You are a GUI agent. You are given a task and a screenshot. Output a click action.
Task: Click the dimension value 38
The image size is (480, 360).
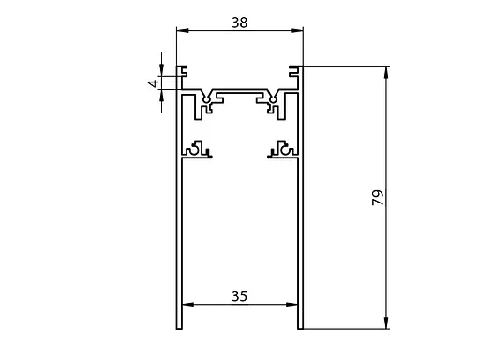click(x=240, y=22)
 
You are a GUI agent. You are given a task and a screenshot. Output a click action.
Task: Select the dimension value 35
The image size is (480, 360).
click(x=240, y=296)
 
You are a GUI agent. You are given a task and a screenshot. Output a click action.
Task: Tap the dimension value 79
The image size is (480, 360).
click(x=378, y=198)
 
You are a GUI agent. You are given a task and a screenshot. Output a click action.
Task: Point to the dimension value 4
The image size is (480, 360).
click(x=154, y=83)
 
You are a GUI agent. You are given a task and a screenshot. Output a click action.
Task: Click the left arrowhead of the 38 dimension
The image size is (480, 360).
click(x=183, y=30)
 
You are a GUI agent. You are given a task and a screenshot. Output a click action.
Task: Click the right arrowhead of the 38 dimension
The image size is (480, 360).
click(x=297, y=30)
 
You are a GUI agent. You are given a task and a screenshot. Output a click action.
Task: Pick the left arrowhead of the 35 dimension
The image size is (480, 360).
click(x=188, y=304)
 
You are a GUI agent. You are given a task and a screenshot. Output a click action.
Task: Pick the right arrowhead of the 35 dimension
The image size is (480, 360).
click(x=292, y=304)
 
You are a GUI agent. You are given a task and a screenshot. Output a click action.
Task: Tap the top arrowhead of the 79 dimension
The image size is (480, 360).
click(x=386, y=72)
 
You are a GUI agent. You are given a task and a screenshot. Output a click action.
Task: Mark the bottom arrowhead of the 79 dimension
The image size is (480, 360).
click(x=386, y=322)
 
